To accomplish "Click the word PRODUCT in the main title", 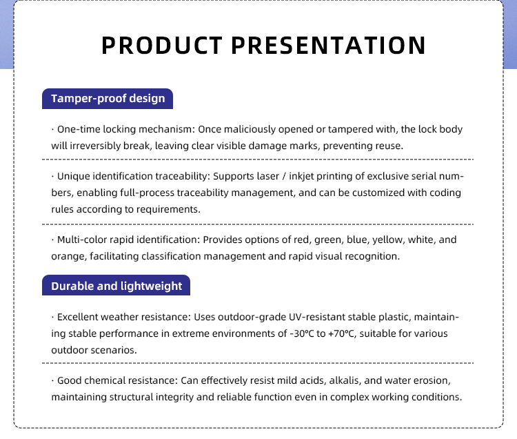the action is [x=161, y=46].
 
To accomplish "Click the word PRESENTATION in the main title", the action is [x=328, y=46].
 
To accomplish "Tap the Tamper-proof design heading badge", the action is [x=108, y=99].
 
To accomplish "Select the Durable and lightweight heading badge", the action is [x=116, y=286].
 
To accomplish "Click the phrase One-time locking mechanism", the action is [x=125, y=129].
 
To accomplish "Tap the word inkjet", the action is [x=301, y=176].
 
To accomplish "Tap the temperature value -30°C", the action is [x=302, y=333].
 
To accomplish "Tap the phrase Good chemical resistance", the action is [x=117, y=380].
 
